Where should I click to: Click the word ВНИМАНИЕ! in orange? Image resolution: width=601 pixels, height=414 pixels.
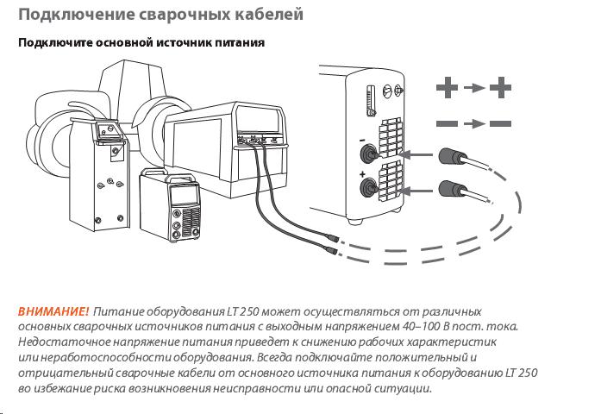coord(53,310)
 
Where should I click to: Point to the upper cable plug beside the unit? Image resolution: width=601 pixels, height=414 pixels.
coord(451,156)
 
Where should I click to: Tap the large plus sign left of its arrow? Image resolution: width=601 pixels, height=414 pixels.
coord(447,88)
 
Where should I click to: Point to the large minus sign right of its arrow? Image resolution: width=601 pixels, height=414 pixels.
coord(501,124)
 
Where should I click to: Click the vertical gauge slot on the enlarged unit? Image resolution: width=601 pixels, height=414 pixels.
coord(371,97)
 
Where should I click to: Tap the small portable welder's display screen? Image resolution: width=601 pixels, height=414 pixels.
coord(183,195)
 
